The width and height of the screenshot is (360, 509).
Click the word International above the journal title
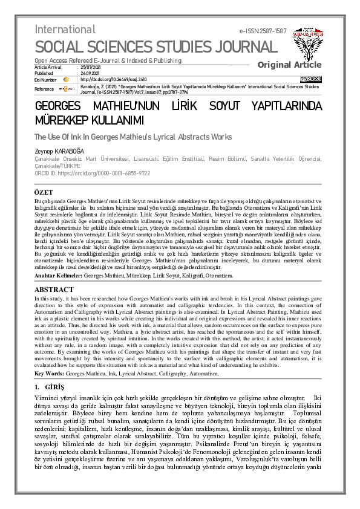[65, 30]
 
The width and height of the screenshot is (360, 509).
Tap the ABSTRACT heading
[54, 290]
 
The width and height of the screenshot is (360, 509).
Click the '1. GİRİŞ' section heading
[50, 386]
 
